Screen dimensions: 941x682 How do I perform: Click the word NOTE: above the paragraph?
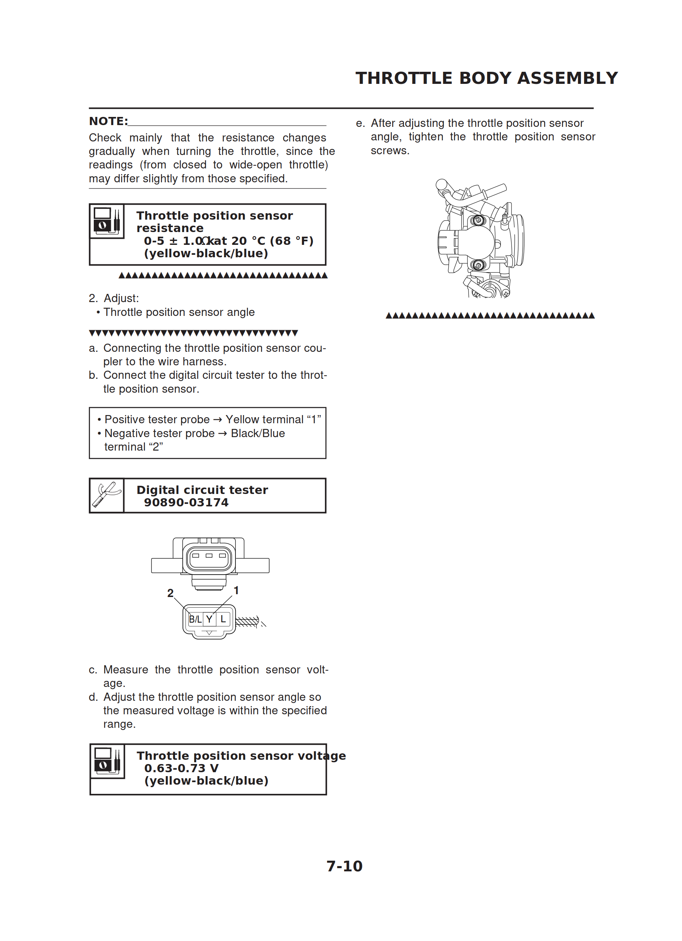(108, 121)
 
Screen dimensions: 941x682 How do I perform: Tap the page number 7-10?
(344, 866)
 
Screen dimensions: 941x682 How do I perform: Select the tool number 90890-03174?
(186, 502)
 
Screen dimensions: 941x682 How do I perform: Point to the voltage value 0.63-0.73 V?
(181, 768)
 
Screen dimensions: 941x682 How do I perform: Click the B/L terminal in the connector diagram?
(195, 619)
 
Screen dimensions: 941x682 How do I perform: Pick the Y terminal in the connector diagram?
(210, 619)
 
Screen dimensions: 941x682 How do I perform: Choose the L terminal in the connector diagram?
(223, 619)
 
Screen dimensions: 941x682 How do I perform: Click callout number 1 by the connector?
(236, 590)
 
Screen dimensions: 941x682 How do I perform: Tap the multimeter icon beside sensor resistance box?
(107, 221)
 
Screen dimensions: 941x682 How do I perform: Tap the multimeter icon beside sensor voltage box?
(107, 760)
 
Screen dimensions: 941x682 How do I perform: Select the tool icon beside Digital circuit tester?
(107, 495)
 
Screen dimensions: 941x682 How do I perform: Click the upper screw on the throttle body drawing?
(478, 220)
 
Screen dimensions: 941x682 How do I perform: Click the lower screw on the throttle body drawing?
(478, 265)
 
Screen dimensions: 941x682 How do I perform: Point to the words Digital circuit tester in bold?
(202, 490)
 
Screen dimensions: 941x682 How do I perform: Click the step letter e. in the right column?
(360, 123)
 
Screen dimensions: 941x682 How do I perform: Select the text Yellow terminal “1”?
(273, 419)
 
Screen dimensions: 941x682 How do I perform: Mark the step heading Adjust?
(121, 298)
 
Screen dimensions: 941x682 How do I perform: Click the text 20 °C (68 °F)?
(272, 241)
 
